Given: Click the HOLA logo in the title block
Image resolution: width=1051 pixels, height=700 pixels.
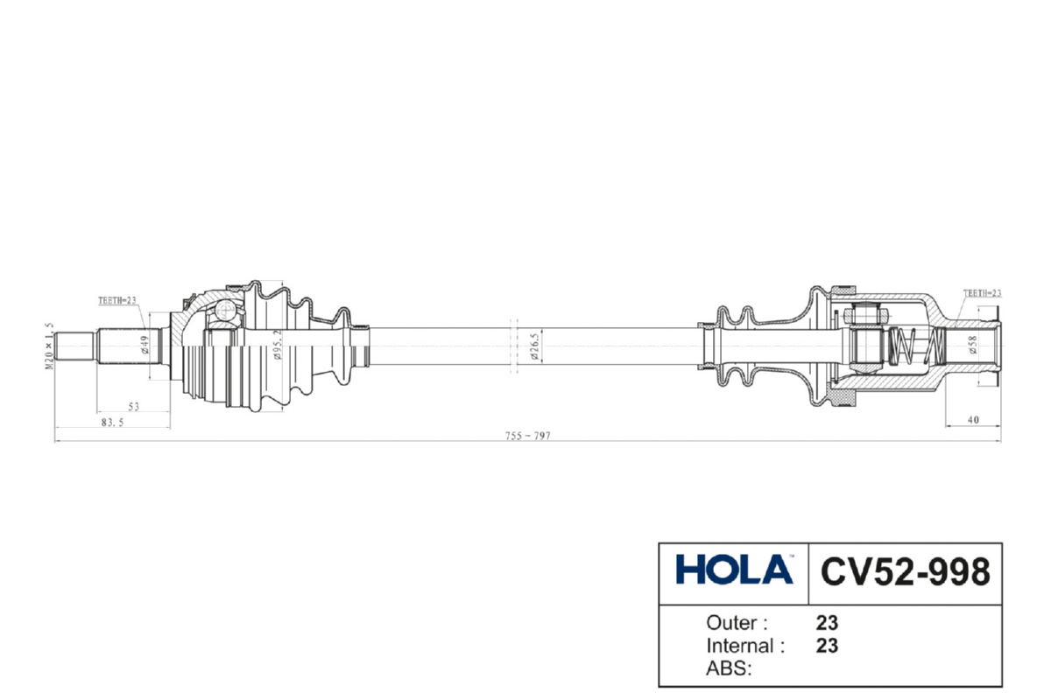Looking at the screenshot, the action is (x=734, y=570).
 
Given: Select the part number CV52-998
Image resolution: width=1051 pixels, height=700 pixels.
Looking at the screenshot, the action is (x=905, y=571).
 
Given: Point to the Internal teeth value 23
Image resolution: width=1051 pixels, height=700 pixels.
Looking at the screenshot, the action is (x=827, y=647).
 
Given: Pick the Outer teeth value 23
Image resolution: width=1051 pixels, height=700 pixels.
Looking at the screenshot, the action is (x=827, y=623).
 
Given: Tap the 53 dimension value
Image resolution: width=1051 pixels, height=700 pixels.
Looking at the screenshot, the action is (x=134, y=407).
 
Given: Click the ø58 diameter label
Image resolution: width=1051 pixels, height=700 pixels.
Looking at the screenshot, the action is (x=973, y=347).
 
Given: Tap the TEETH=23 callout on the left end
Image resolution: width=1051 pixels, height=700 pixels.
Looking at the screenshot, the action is (x=116, y=301).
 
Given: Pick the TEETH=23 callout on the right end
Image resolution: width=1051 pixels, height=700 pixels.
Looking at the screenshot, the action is (x=981, y=294).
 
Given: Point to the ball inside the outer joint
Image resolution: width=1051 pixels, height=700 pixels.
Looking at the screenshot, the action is (x=227, y=309).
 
